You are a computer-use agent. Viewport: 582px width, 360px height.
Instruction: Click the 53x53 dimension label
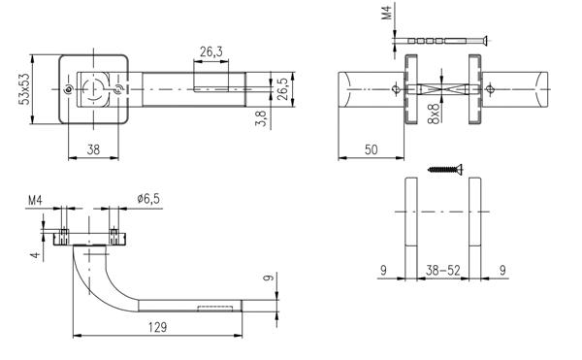[x=25, y=89]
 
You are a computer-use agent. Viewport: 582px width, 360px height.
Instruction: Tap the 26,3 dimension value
[x=211, y=51]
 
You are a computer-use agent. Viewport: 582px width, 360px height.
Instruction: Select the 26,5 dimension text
[x=283, y=88]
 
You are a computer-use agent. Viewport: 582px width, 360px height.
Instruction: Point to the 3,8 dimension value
[x=261, y=118]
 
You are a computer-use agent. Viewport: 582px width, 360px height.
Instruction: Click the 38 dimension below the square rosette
[x=93, y=149]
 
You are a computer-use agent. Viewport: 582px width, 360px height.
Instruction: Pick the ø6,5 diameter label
[x=148, y=199]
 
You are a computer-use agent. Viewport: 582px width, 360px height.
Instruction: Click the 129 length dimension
[x=158, y=327]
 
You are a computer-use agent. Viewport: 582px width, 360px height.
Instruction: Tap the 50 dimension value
[x=372, y=149]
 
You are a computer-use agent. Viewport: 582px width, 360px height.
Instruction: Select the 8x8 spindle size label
[x=434, y=114]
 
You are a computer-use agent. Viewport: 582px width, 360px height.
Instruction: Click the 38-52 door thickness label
[x=443, y=270]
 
